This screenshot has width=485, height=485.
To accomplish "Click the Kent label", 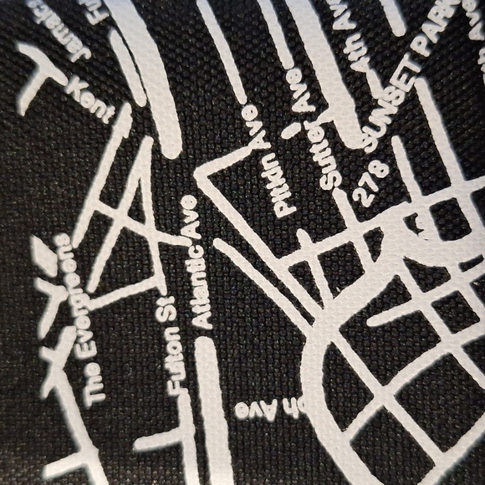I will [89, 99].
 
